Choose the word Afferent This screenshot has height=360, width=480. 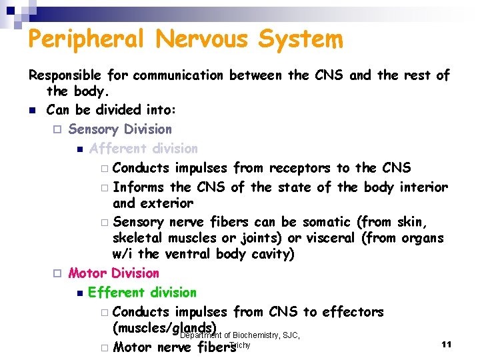(x=119, y=149)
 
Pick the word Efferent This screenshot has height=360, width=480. (x=117, y=293)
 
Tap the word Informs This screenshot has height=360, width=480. (x=140, y=187)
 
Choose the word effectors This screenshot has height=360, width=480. (x=353, y=312)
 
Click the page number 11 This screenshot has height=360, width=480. (x=447, y=344)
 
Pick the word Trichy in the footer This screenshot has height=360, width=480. (x=239, y=345)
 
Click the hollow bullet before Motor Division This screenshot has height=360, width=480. (x=57, y=273)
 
